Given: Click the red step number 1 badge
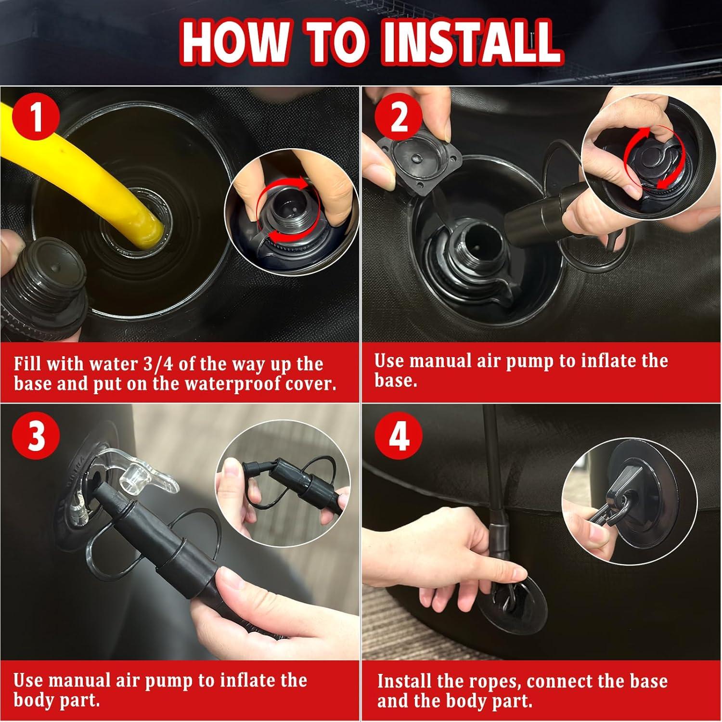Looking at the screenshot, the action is coord(37,118).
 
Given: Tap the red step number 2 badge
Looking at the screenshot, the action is coord(399,117).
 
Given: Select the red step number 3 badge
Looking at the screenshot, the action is coord(37,436).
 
